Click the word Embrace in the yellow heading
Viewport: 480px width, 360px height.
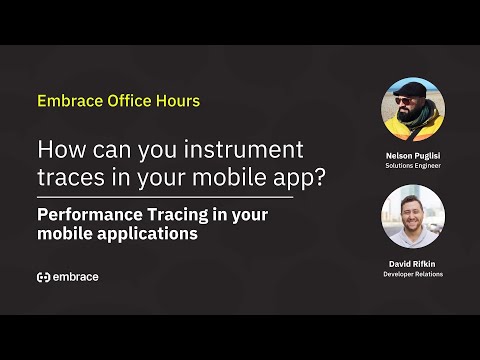click(68, 101)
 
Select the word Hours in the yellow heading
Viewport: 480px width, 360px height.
click(177, 101)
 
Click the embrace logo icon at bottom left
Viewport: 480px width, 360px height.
click(43, 277)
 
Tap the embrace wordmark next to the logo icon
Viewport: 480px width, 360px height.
click(76, 277)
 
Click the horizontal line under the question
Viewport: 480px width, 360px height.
click(165, 197)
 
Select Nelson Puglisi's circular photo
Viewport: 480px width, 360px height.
click(413, 110)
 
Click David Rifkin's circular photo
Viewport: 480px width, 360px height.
click(413, 216)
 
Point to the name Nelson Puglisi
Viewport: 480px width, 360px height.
click(413, 156)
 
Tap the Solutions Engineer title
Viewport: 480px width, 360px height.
click(413, 166)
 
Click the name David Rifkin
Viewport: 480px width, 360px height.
click(413, 263)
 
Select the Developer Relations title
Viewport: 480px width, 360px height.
click(413, 273)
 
